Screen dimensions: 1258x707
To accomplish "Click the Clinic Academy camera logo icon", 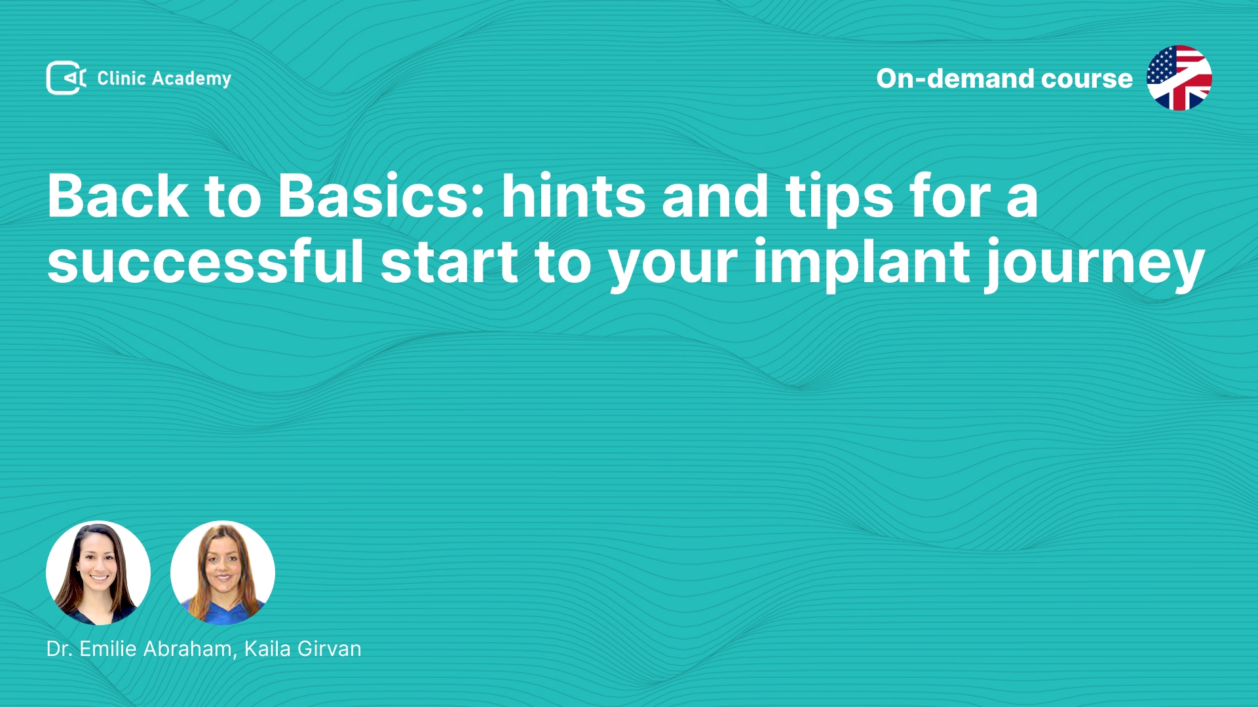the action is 66,78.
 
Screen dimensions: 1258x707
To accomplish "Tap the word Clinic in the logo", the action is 121,78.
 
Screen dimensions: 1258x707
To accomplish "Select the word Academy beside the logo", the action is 191,79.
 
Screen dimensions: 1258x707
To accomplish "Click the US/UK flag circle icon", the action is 1179,78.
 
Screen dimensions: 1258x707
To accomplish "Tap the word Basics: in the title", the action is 381,196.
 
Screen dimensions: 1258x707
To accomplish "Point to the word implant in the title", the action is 862,265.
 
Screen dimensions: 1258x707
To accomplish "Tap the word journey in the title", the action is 1096,265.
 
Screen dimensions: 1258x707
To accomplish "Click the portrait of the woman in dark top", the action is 98,573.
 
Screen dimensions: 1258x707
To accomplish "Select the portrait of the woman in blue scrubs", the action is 223,573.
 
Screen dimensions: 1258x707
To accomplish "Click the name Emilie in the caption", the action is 108,649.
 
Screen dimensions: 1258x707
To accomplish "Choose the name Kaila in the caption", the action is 267,649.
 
